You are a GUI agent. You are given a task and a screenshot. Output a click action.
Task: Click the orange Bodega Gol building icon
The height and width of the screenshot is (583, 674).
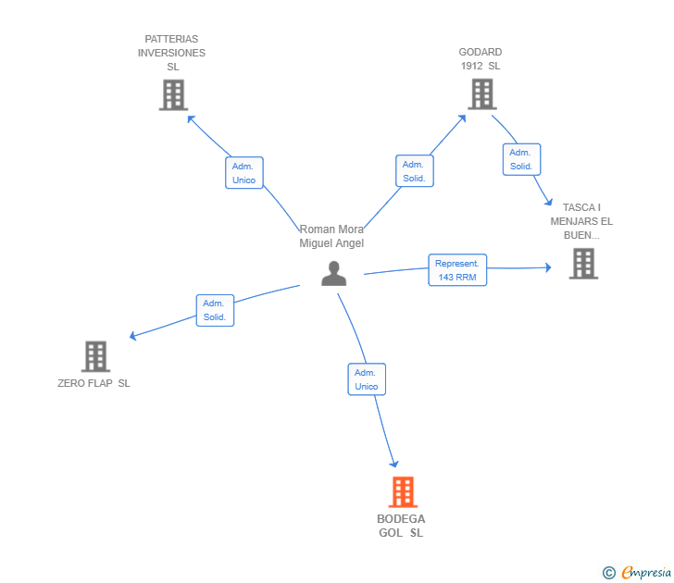[403, 492]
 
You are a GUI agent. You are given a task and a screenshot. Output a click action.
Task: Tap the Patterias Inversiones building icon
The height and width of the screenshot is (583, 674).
[173, 94]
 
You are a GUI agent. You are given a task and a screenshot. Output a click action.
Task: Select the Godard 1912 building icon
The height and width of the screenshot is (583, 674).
[481, 93]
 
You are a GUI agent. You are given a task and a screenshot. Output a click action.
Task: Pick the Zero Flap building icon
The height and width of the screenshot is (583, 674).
[95, 356]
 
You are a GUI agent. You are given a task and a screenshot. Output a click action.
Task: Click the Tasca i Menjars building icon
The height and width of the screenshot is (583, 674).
[583, 264]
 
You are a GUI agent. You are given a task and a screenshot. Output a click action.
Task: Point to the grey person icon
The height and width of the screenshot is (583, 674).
[333, 273]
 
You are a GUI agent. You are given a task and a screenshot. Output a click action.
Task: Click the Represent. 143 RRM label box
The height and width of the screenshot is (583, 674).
[457, 270]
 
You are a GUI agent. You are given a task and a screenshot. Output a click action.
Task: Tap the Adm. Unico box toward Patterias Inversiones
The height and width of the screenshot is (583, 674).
[244, 173]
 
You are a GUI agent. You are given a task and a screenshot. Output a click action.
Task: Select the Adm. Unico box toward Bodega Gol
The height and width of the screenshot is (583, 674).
[367, 379]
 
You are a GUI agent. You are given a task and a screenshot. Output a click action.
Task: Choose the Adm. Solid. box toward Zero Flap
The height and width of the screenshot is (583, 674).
[215, 310]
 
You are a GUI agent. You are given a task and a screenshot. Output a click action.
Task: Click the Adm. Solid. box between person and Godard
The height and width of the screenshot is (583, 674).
[414, 171]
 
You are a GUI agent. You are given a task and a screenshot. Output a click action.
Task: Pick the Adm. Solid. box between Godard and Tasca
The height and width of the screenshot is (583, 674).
[521, 159]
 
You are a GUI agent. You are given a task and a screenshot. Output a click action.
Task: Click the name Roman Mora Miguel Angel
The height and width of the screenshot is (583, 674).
[331, 236]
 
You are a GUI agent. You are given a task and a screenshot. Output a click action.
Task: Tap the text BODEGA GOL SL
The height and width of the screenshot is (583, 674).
[401, 526]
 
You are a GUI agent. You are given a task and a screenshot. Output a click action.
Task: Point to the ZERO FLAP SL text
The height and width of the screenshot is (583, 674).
[94, 384]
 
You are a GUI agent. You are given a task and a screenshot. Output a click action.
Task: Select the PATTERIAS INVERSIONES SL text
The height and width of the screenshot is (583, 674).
[172, 53]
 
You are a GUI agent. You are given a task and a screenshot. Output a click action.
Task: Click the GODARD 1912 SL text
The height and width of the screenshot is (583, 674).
[481, 59]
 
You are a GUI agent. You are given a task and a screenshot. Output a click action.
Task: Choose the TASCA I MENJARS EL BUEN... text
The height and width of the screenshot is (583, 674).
[581, 221]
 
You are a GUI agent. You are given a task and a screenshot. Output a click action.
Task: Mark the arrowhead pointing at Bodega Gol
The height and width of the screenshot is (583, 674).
[394, 463]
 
